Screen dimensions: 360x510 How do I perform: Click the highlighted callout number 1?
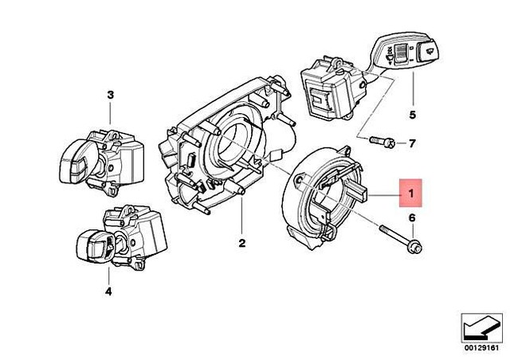point(410,193)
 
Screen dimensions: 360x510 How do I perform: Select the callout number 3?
point(111,96)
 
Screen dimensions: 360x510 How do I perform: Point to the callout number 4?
point(108,292)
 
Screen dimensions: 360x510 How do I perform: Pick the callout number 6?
point(412,217)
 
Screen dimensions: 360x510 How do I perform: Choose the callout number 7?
point(412,144)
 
